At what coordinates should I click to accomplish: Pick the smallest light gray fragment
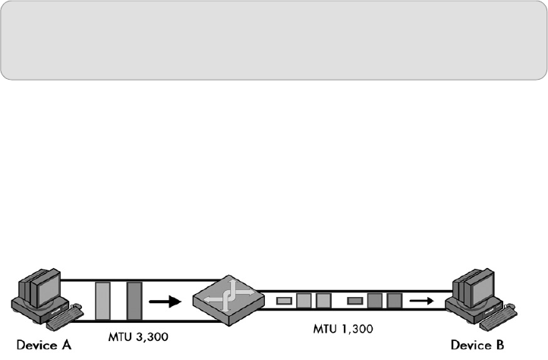[285, 302]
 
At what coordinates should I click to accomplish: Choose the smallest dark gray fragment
[354, 302]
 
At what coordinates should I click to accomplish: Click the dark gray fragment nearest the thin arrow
[393, 301]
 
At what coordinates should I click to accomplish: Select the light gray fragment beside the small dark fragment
[304, 301]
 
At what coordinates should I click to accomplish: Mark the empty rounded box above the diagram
[273, 39]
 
